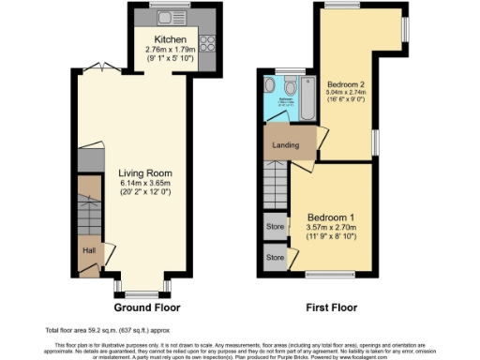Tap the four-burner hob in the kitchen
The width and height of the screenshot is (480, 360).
206,44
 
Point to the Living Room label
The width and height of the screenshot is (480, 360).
142,172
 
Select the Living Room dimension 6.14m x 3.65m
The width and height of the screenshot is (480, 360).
142,184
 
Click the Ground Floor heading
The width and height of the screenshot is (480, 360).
147,307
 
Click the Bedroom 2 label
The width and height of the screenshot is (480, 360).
346,82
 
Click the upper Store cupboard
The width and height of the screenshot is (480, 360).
275,225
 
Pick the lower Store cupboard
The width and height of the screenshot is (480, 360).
275,257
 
